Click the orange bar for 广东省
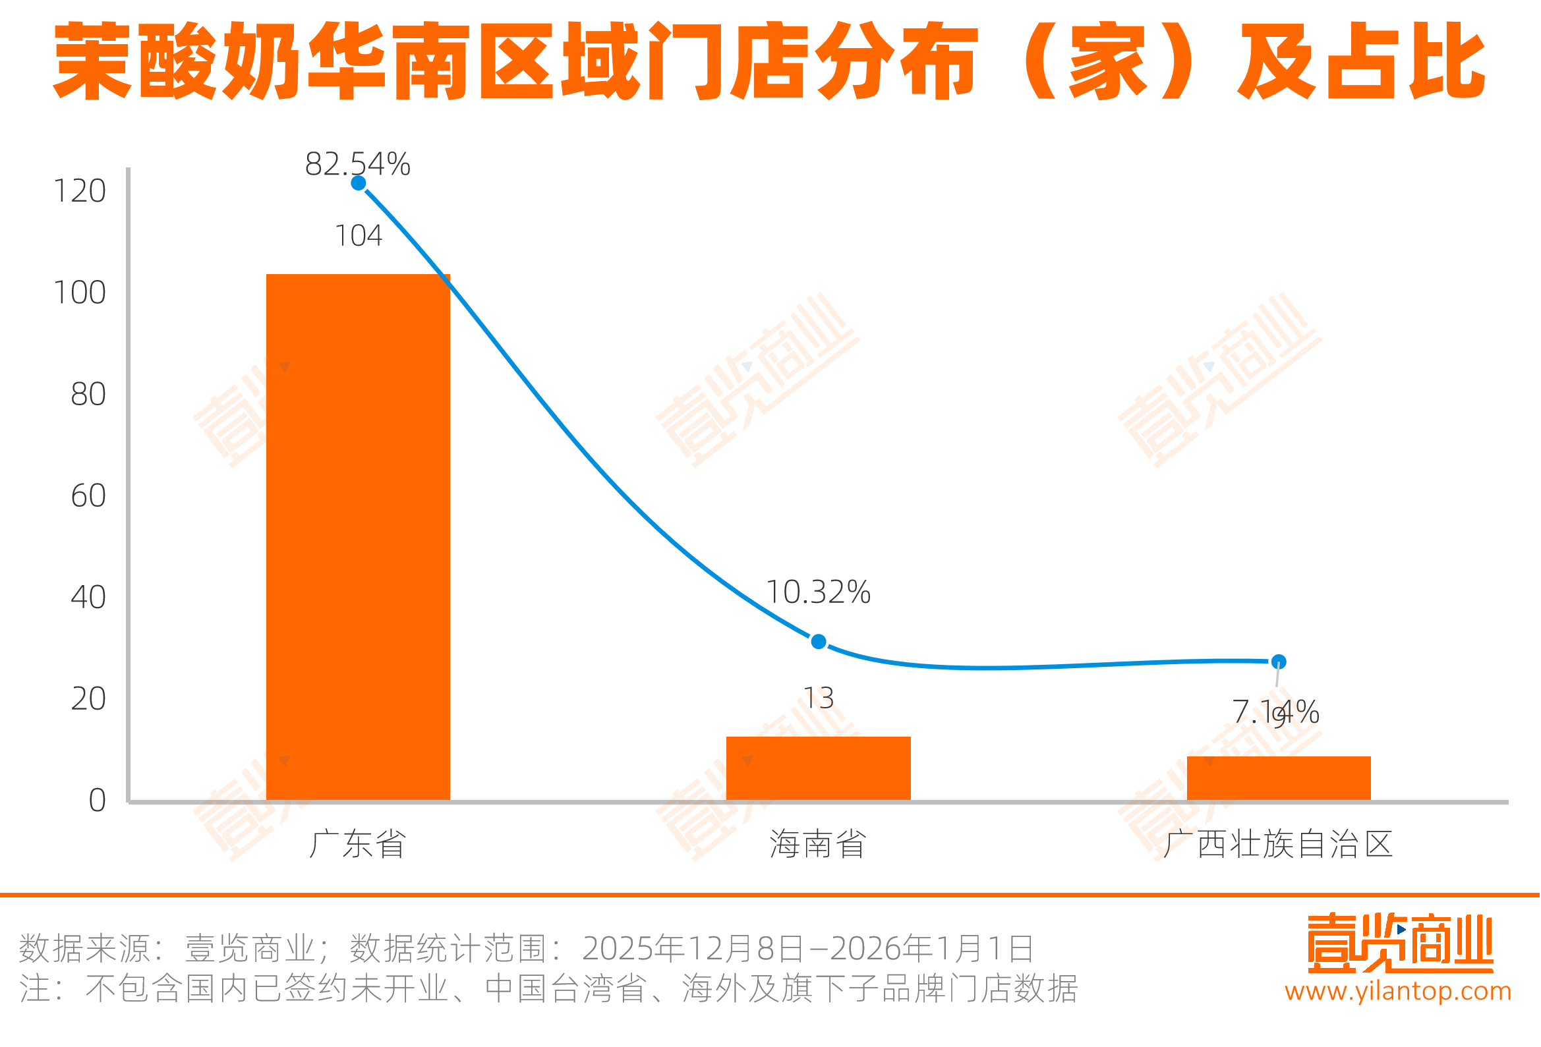(x=358, y=537)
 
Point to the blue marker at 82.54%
(x=358, y=183)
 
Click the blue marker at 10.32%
(x=818, y=641)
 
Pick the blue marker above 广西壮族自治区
(x=1279, y=661)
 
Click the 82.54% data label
(x=357, y=164)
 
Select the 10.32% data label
(x=818, y=592)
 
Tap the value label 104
(x=358, y=235)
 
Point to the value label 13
(x=818, y=698)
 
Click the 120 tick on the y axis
(x=80, y=191)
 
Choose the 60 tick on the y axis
(x=88, y=496)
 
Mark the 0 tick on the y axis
(x=97, y=801)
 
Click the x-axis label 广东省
(x=357, y=844)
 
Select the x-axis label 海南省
(x=818, y=844)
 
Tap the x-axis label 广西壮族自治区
(x=1278, y=844)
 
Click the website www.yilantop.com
(x=1399, y=990)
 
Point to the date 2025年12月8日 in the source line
(x=692, y=948)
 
